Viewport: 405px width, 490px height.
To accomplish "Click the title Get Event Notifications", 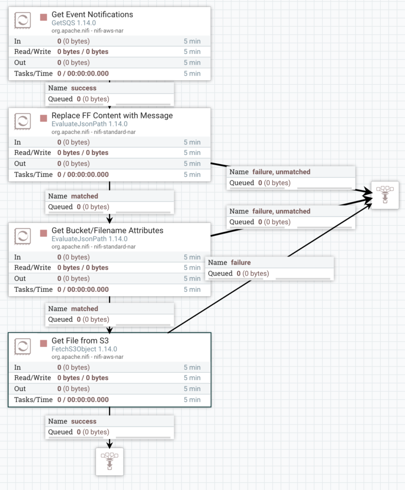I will click(92, 14).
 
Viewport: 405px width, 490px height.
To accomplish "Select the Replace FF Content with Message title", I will click(112, 115).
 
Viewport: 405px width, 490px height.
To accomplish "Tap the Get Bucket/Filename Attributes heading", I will click(107, 230).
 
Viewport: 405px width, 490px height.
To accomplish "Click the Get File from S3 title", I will click(77, 340).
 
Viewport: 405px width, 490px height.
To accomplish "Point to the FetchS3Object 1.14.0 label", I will click(84, 349).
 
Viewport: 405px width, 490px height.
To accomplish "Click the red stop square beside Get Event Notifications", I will click(44, 17).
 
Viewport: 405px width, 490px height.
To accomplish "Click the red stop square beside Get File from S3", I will click(44, 343).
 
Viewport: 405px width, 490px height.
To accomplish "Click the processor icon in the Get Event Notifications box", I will click(22, 21).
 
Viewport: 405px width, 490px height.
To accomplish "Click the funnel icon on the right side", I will click(385, 195).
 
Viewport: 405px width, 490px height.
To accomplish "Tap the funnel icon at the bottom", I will click(109, 461).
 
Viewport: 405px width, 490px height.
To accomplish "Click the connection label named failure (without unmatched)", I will click(241, 262).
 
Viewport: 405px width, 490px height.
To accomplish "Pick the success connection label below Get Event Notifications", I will click(84, 88).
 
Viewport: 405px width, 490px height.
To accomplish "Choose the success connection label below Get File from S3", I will click(84, 421).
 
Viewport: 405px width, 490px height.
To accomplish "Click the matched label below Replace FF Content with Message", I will click(85, 196).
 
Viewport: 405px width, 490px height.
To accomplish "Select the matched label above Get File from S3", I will click(85, 309).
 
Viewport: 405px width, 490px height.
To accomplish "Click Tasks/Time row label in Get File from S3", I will click(33, 400).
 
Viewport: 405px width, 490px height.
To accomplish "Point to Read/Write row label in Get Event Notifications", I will click(33, 52).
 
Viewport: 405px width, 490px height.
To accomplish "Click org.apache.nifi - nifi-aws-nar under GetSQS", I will click(88, 31).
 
